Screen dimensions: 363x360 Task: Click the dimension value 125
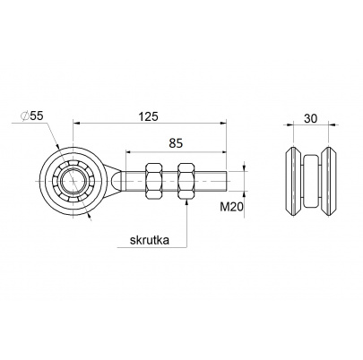pos(148,116)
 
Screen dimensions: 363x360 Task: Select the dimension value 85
pos(176,143)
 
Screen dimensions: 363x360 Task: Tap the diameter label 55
pos(37,116)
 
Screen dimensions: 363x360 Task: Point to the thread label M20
pos(232,207)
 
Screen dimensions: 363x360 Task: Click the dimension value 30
pos(310,118)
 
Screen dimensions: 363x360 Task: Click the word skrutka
pos(150,240)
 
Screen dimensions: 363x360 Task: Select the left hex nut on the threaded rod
pos(154,181)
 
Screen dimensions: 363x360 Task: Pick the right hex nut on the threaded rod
pos(186,181)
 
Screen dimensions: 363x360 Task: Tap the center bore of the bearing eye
pos(73,181)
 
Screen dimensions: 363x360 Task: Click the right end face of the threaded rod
pos(228,181)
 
